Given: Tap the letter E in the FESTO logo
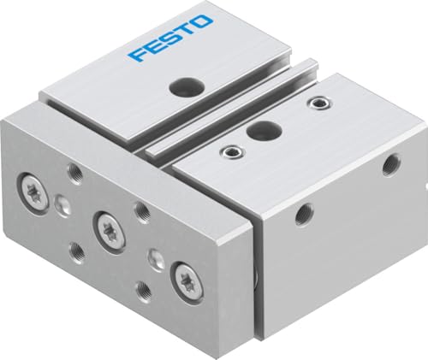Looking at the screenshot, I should tap(153, 49).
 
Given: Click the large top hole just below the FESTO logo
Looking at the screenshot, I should tap(182, 86).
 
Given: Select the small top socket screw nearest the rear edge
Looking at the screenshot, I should tap(322, 103).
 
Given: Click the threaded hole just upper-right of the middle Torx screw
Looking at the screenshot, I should tap(142, 211).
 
